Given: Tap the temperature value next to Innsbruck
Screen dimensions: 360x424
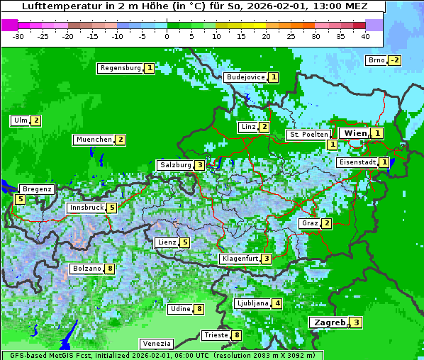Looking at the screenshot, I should coord(112,208).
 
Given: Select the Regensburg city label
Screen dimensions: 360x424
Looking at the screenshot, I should coord(121,68).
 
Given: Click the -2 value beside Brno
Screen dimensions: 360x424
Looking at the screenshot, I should coord(395,60).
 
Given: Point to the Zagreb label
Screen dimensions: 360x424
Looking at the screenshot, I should coord(330,322).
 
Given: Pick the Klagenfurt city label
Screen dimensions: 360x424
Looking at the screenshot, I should coord(240,259).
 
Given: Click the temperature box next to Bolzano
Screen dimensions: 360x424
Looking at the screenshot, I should coord(109,269).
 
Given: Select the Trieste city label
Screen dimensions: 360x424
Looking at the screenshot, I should coord(216,335).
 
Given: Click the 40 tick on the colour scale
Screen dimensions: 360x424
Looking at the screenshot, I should coord(365,35).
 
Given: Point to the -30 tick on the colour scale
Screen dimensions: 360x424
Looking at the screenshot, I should coord(18,35).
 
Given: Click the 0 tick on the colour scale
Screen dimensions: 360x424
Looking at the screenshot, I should coord(167,35).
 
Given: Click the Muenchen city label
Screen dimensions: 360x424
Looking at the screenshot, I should coord(94,140).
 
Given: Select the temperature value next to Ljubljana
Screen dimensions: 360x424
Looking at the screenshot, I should coord(277,303).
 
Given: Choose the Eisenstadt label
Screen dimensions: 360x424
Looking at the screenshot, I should coord(357,162).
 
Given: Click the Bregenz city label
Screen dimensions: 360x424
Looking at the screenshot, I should coord(37,189).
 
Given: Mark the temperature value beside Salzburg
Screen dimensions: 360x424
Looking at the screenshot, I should coord(201,165).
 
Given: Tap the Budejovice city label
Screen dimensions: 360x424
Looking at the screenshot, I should coord(245,77).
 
